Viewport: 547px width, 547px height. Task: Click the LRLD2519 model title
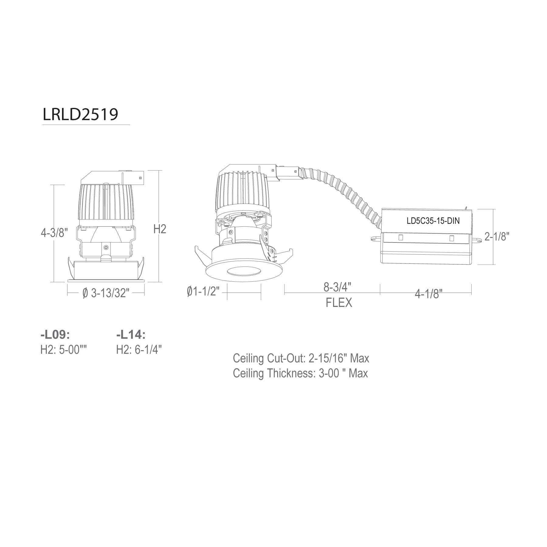80,115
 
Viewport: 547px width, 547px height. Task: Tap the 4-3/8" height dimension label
54,233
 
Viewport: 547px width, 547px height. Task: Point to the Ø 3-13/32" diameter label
106,293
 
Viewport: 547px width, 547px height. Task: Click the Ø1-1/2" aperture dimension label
203,292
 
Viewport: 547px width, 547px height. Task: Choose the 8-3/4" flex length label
337,287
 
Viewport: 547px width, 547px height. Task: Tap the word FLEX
339,303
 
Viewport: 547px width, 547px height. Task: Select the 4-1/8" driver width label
428,294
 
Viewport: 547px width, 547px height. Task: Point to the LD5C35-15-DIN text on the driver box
433,221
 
